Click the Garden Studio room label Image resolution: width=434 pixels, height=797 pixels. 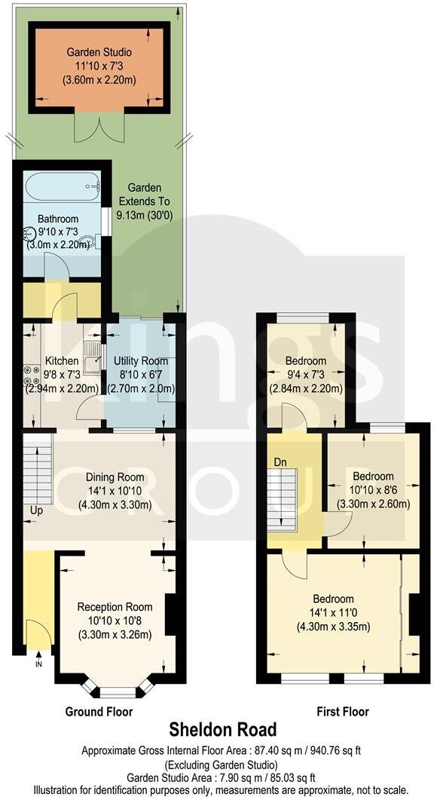click(x=99, y=53)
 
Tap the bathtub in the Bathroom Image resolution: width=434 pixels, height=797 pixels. click(x=61, y=184)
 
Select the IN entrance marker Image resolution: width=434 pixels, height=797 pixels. click(x=38, y=664)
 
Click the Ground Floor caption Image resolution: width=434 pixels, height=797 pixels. click(x=99, y=712)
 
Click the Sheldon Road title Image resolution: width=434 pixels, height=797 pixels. click(x=222, y=730)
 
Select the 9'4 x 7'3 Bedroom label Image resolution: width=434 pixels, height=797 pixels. click(x=305, y=362)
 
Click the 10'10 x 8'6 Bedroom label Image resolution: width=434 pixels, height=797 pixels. click(x=373, y=477)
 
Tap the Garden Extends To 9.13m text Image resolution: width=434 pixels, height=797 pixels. click(x=148, y=201)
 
